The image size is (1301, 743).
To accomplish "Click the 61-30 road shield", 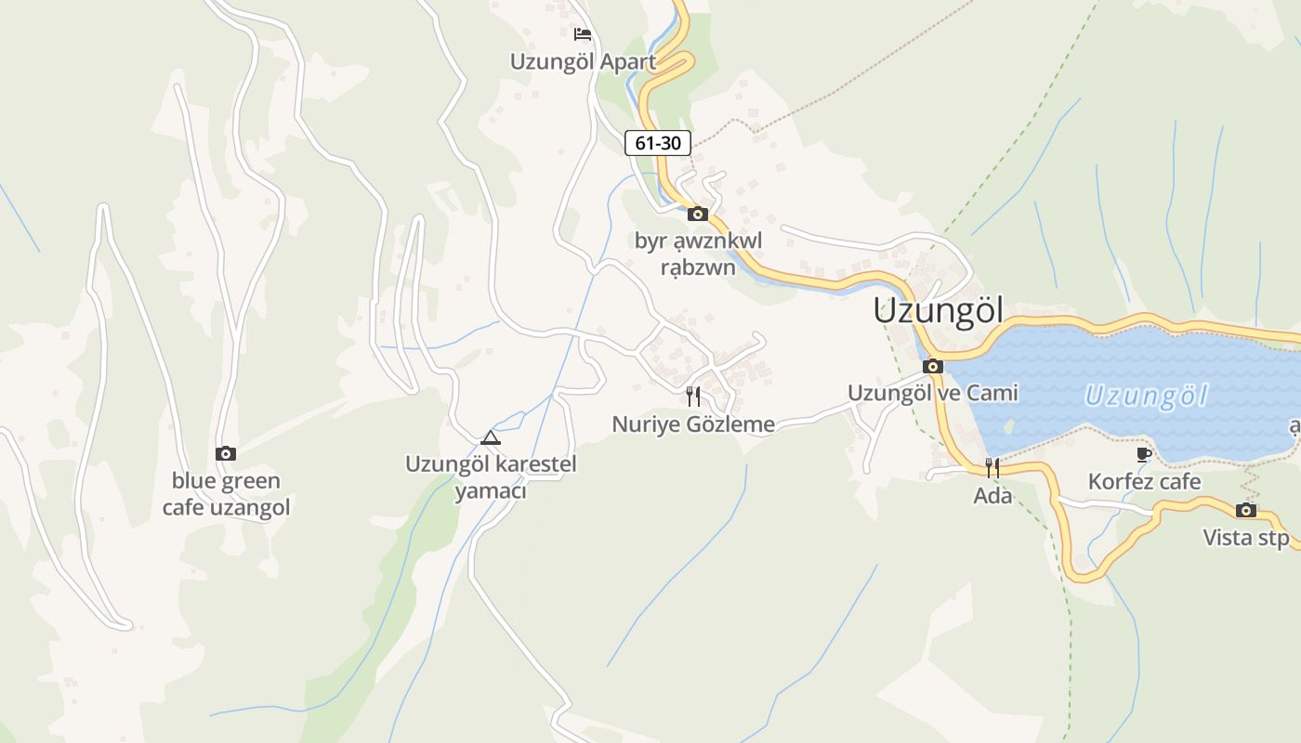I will click(x=658, y=143).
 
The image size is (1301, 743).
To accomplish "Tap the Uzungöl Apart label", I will click(x=583, y=62).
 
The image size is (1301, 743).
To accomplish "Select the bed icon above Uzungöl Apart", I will click(x=583, y=34).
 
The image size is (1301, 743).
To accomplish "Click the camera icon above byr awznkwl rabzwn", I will click(x=697, y=215).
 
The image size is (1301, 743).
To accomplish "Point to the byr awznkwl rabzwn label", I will click(x=698, y=254).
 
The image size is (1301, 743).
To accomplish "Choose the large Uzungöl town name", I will click(x=938, y=311).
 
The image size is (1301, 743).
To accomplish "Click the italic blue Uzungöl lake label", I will click(x=1146, y=397).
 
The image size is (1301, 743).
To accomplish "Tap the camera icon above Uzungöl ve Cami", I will click(x=933, y=367).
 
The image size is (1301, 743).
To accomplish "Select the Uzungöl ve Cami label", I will click(x=932, y=393).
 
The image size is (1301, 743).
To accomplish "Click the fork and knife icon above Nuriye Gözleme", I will click(x=693, y=398).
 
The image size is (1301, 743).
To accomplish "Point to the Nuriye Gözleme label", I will click(x=693, y=424).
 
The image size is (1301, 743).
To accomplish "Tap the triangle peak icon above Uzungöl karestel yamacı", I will click(x=491, y=437).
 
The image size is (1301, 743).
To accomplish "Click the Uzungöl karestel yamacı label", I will click(x=491, y=476).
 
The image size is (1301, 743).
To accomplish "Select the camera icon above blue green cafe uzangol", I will click(x=226, y=454).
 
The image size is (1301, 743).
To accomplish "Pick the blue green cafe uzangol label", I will click(x=226, y=494).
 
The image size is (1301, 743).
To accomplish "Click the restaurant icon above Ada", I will click(x=992, y=468).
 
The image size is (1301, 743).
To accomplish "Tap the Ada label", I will click(x=992, y=496).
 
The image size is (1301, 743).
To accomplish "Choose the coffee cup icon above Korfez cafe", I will click(x=1144, y=454).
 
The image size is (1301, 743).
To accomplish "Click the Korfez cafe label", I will click(x=1144, y=482).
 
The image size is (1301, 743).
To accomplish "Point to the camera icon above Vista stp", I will click(x=1246, y=511).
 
